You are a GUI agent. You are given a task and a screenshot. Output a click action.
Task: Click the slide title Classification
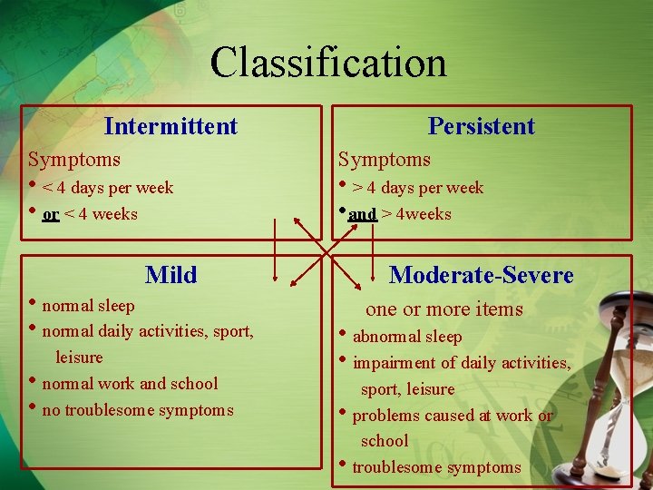click(x=327, y=63)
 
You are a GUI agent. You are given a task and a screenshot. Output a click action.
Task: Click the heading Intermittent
click(x=171, y=126)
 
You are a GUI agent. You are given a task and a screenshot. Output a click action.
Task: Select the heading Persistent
click(x=481, y=126)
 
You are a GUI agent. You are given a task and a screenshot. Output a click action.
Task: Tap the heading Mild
click(x=171, y=274)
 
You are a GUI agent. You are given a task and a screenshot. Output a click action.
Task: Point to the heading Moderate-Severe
click(x=481, y=274)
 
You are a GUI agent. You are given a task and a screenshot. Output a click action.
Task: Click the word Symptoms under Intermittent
click(x=74, y=160)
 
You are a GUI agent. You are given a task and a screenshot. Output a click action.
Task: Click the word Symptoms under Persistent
click(x=385, y=160)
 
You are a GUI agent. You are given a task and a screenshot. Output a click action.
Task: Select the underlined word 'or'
click(x=51, y=215)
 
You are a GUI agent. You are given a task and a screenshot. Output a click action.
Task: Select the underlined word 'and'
click(x=362, y=215)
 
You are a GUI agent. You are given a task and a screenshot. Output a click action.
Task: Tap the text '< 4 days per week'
click(x=108, y=189)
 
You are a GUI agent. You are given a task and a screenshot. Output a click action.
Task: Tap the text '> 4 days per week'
click(x=418, y=189)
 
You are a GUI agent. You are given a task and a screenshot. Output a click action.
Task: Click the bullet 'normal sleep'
click(x=88, y=306)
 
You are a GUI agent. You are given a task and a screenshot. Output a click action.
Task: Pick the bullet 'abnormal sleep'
click(x=406, y=337)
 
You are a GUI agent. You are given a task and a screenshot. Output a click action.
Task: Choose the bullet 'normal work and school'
click(x=130, y=384)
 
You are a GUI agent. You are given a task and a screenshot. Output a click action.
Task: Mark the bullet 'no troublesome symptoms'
click(x=138, y=410)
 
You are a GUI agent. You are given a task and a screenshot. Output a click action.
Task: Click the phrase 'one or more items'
click(x=444, y=309)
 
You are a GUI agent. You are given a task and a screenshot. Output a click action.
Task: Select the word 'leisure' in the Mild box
click(x=79, y=358)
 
